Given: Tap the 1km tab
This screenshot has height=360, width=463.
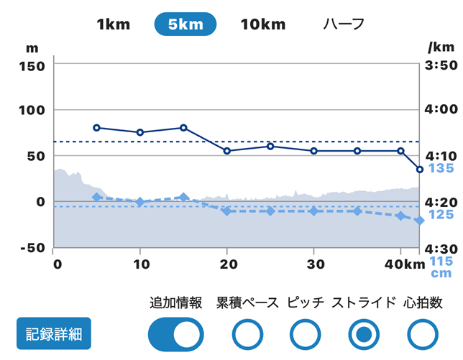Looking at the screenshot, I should pyautogui.click(x=113, y=24).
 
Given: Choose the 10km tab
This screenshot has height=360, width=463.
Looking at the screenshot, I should pyautogui.click(x=263, y=24).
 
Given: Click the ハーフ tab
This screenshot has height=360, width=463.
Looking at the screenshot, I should pyautogui.click(x=344, y=24).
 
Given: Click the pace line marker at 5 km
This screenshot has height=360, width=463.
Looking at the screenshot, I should pyautogui.click(x=97, y=128).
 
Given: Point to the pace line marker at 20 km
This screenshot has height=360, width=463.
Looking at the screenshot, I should pyautogui.click(x=227, y=151).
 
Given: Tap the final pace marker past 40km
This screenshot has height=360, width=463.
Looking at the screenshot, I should pyautogui.click(x=420, y=170).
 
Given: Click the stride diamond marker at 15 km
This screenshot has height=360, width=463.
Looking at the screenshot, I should pyautogui.click(x=184, y=197).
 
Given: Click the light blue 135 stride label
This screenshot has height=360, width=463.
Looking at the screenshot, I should pyautogui.click(x=441, y=169).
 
